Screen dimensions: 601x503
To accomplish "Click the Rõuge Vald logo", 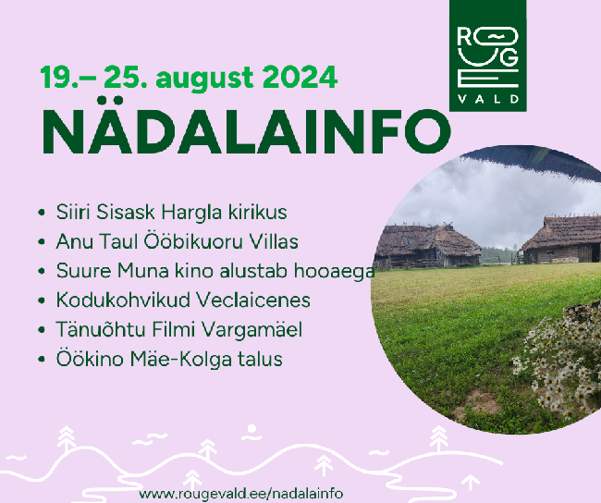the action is point(488,55).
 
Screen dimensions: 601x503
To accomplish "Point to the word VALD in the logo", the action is point(488,99).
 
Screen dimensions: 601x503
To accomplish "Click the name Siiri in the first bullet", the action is point(74,212).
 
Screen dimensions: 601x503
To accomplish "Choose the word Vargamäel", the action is point(251,330).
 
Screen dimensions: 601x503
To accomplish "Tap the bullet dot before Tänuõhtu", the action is point(42,330).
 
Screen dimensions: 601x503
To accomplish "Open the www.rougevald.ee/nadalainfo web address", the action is point(241,494).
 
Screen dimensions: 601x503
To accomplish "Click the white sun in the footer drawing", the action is point(251,429).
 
